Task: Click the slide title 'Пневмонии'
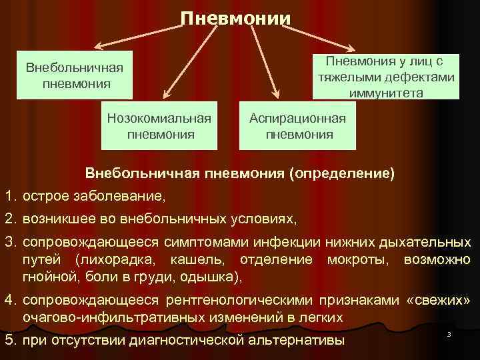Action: (236, 16)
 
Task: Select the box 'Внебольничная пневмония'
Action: (75, 76)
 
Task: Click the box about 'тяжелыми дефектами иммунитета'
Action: (386, 77)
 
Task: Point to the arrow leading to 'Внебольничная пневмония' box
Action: (133, 37)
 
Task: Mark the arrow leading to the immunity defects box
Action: (313, 36)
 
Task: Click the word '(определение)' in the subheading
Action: (342, 173)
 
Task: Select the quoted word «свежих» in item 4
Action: (438, 301)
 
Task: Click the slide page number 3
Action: (449, 333)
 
